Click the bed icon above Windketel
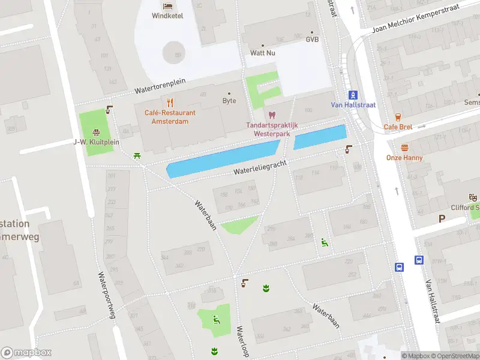tap(167, 5)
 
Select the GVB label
tap(312, 39)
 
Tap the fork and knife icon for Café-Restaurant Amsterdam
tap(170, 102)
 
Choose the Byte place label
tap(229, 101)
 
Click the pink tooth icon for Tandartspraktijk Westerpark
tap(271, 115)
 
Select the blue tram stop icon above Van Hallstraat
tap(353, 94)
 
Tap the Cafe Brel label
tap(398, 127)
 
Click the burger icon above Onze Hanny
tap(404, 148)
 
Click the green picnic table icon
tap(138, 156)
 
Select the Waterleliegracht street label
tap(260, 167)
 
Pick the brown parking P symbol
tap(442, 219)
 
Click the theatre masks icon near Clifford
tap(473, 197)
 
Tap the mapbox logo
tap(26, 353)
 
